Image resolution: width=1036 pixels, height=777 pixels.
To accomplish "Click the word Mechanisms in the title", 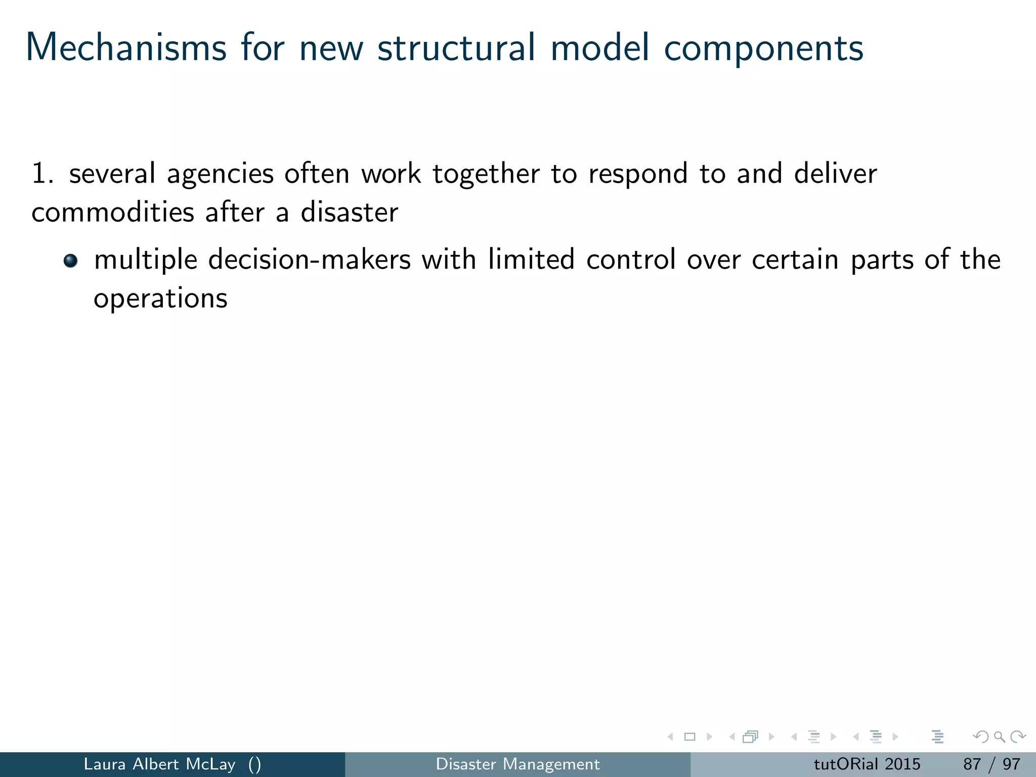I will (126, 48).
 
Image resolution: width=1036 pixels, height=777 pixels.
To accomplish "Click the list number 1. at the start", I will (42, 174).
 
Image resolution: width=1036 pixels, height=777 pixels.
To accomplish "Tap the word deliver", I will (835, 174).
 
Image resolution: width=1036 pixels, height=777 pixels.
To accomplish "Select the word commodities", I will (113, 212).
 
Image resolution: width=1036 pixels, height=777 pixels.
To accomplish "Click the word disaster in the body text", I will (350, 212).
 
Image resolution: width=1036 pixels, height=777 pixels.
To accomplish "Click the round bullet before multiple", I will (70, 261).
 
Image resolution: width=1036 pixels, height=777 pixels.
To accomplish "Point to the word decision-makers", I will (309, 260).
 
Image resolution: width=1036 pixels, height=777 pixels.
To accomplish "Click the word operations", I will (160, 299).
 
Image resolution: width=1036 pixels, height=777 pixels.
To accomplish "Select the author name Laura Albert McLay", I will (159, 764).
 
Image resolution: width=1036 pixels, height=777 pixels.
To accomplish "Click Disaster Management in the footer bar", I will (517, 764).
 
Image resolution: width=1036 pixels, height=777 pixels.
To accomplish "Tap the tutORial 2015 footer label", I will (867, 764).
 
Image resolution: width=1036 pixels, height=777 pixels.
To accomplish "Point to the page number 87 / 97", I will (991, 764).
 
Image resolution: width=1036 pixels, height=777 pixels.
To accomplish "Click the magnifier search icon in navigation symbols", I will (999, 737).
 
